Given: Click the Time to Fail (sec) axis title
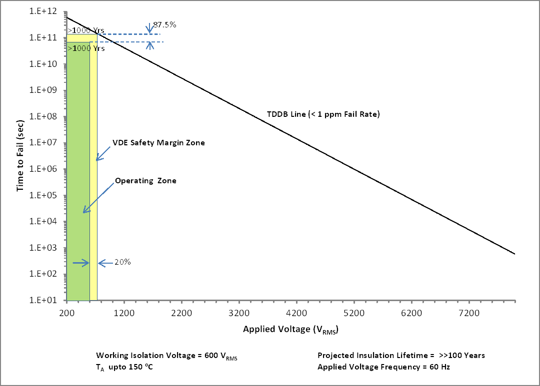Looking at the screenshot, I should pos(20,156).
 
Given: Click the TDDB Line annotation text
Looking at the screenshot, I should pos(323,114).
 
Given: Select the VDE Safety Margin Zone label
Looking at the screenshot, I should pos(158,143).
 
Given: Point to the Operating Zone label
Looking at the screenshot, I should pos(145,181).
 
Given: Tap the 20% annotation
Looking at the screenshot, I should pos(122,262).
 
